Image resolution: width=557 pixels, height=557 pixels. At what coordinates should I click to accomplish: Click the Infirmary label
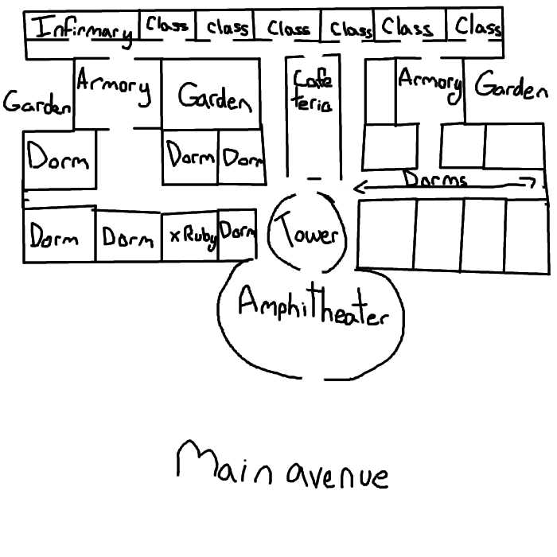coord(84,29)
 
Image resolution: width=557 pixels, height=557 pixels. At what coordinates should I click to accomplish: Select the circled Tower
coord(308,234)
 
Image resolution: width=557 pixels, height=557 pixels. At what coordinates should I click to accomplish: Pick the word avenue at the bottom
coord(337,475)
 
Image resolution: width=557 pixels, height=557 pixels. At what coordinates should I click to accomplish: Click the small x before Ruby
coord(174,236)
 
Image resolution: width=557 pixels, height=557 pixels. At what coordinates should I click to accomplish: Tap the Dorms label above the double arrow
coord(434,179)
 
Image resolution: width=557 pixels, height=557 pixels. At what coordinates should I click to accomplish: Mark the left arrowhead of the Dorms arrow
coord(356,189)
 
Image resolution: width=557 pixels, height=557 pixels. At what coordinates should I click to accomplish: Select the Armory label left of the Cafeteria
coord(114,88)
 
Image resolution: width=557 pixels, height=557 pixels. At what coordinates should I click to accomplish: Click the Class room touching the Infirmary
coord(167,25)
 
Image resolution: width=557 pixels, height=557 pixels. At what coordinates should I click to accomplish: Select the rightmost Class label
coord(478,27)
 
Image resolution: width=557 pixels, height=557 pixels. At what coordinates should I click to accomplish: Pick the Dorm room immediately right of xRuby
coord(238,234)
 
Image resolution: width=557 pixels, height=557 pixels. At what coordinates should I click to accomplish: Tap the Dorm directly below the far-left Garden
coord(58,158)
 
